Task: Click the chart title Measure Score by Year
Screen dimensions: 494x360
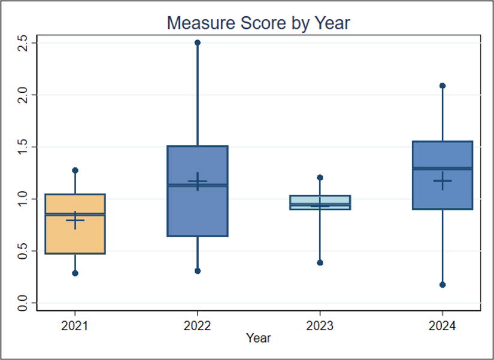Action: (x=258, y=23)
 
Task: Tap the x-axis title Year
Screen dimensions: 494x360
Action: (x=258, y=338)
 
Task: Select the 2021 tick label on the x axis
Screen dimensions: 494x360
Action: (x=75, y=326)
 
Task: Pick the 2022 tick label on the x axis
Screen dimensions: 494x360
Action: (x=197, y=326)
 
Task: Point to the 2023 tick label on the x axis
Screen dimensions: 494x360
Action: (x=320, y=326)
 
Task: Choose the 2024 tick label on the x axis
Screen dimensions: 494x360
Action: (x=442, y=326)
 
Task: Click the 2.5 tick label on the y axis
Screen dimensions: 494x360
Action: (x=23, y=43)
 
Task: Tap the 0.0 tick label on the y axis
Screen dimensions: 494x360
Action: (x=23, y=303)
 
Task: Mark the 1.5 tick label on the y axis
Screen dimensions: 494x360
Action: (x=23, y=147)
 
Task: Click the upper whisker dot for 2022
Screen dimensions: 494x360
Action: (x=198, y=43)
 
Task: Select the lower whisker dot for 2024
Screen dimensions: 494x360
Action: (x=443, y=285)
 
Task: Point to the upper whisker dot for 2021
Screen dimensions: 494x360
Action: (x=75, y=171)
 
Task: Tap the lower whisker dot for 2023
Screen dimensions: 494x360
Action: (x=320, y=263)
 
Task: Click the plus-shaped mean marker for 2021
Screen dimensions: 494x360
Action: (x=75, y=220)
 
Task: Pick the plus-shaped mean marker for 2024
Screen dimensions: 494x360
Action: (x=443, y=181)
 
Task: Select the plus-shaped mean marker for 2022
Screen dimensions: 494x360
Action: (x=198, y=181)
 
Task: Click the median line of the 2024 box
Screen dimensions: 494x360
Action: (x=443, y=168)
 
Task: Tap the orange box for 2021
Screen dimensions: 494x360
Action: (x=75, y=224)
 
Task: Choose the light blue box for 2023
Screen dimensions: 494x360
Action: (x=320, y=202)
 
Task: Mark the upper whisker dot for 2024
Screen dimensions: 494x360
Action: (x=443, y=86)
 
